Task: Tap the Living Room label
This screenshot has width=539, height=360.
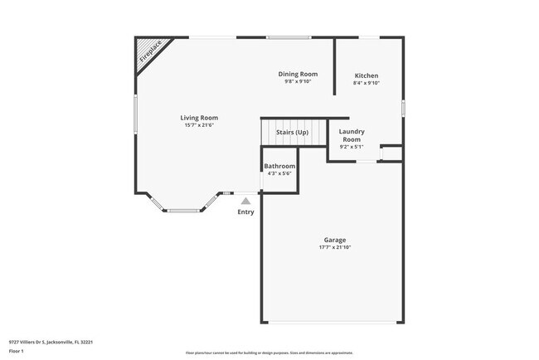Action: (x=199, y=118)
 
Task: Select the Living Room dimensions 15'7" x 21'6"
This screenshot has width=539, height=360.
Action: (x=199, y=125)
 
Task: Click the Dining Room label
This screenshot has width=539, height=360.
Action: (x=297, y=75)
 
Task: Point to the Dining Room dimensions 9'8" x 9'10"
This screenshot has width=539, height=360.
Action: (x=297, y=82)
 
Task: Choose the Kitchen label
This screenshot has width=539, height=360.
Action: (x=367, y=75)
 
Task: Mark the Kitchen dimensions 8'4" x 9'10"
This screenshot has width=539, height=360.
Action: (x=367, y=82)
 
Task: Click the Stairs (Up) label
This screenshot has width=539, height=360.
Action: (x=292, y=133)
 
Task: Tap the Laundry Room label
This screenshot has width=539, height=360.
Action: (x=352, y=135)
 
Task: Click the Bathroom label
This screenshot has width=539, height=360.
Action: (x=279, y=166)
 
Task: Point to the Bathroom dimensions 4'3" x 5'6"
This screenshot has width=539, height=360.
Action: (x=279, y=173)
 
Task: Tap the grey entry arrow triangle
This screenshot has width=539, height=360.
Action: (x=245, y=200)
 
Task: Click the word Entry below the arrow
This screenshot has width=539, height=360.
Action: (x=245, y=212)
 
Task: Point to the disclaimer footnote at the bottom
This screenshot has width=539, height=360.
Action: (x=269, y=352)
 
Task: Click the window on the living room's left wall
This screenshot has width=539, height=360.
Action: (x=136, y=114)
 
